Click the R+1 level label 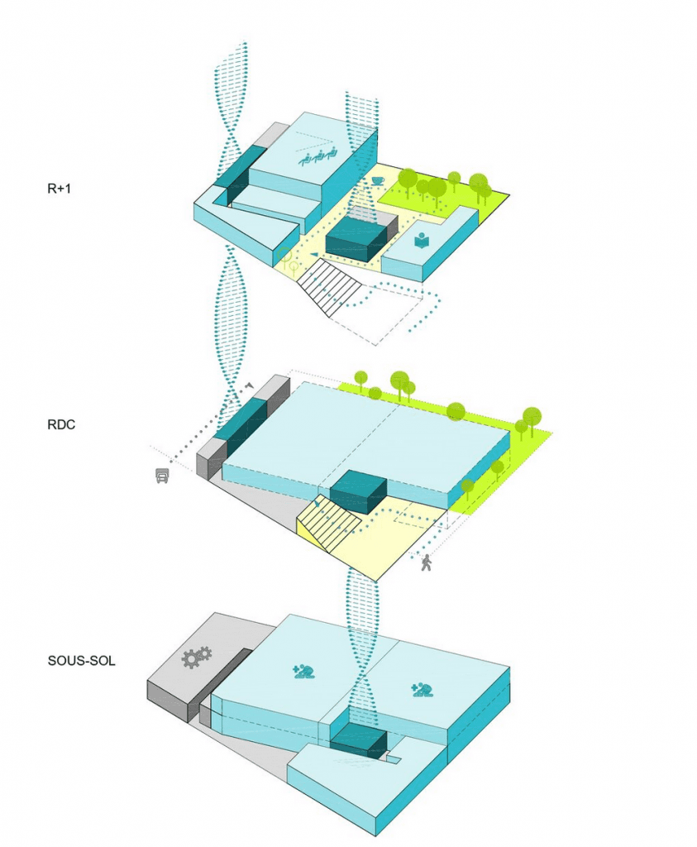point(59,189)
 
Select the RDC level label point(61,424)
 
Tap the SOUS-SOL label point(82,661)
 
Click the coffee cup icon point(377,180)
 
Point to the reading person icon point(422,241)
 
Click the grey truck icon point(162,475)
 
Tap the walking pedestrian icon point(427,562)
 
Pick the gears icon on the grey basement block point(196,657)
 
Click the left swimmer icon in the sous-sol point(303,672)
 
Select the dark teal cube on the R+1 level point(356,241)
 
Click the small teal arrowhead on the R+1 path point(314,255)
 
